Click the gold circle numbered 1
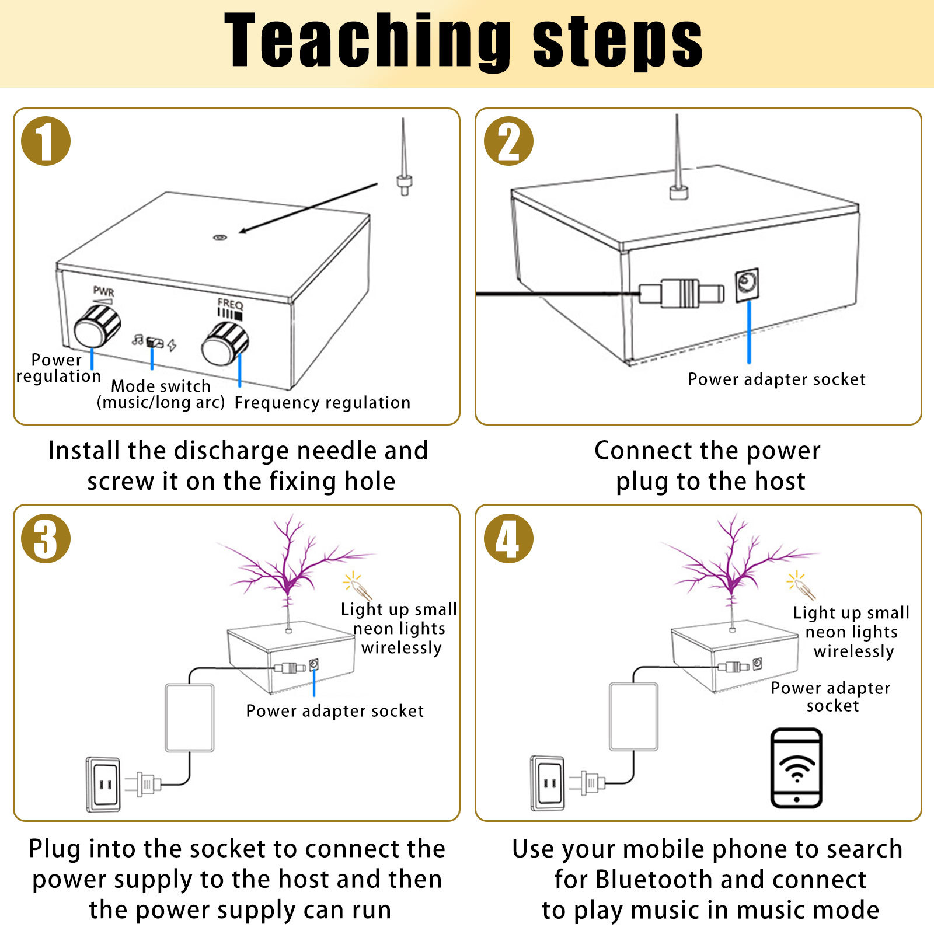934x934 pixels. click(46, 141)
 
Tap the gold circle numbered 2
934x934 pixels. click(508, 141)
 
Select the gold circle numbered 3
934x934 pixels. click(46, 538)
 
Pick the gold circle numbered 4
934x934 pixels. click(508, 538)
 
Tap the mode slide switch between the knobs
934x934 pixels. click(154, 342)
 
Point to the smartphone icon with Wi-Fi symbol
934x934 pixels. click(796, 768)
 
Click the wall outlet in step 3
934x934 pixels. click(104, 784)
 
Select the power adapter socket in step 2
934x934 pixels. click(747, 285)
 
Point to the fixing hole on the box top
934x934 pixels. click(219, 238)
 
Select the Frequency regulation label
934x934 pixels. click(322, 403)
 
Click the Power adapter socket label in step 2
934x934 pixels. click(776, 379)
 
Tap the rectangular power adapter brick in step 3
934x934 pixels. click(190, 717)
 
